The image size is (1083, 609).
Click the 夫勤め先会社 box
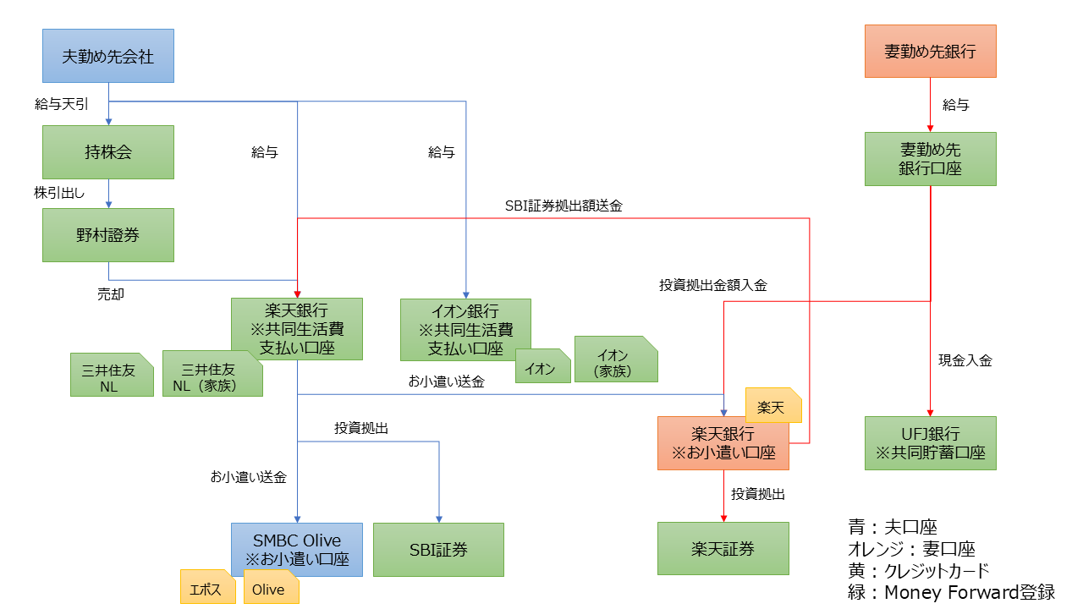[x=108, y=56]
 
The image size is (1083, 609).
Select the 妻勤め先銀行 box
[x=930, y=52]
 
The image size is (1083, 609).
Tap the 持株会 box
[x=108, y=152]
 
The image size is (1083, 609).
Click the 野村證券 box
[x=108, y=235]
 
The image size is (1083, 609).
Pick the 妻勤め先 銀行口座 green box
[x=930, y=159]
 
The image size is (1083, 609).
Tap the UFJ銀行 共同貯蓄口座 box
[x=930, y=443]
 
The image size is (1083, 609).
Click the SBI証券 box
[x=438, y=550]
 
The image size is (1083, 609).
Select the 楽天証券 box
[x=723, y=549]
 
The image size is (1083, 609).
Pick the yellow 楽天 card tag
[x=772, y=407]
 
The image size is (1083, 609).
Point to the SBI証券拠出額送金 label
[x=563, y=206]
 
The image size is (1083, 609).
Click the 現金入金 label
[x=965, y=360]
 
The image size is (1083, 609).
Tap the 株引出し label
[x=59, y=193]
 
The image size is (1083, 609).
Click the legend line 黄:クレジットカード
[x=918, y=570]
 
